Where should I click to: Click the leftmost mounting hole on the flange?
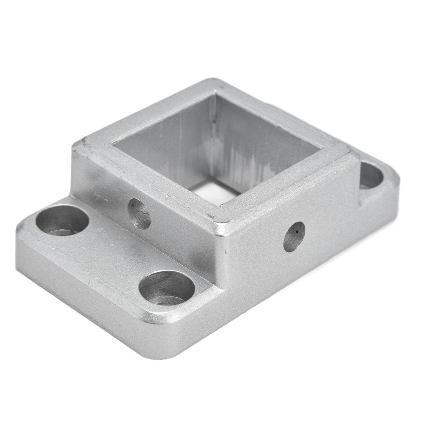pyautogui.click(x=62, y=220)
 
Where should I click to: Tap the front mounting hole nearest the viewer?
pyautogui.click(x=167, y=287)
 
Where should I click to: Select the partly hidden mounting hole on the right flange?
pyautogui.click(x=371, y=176)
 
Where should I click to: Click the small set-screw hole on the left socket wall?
pyautogui.click(x=139, y=214)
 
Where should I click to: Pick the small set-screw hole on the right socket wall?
pyautogui.click(x=294, y=236)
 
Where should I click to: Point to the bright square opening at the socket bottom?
pyautogui.click(x=214, y=192)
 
